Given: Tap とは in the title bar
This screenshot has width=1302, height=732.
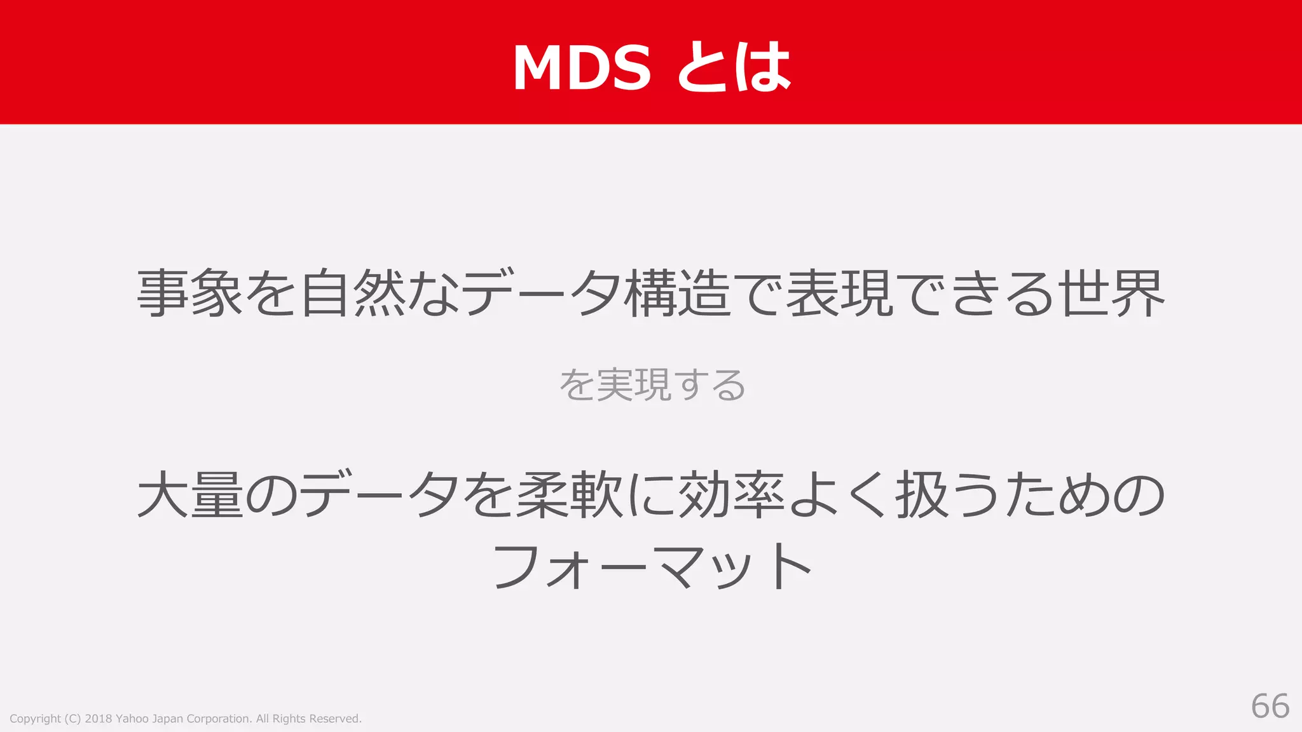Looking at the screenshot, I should point(733,67).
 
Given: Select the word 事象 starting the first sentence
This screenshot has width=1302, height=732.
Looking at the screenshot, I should point(190,293).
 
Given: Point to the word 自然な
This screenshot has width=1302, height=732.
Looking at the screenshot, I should point(380,293).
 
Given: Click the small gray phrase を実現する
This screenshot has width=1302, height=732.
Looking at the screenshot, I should point(652,385).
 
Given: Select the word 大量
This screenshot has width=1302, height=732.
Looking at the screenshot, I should point(190,494).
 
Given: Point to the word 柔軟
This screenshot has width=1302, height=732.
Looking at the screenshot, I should point(570,494).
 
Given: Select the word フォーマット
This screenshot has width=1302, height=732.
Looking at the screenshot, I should point(652,566).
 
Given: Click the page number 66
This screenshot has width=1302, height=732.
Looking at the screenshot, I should point(1270,706).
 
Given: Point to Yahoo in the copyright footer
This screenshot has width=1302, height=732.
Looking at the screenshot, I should point(132,719).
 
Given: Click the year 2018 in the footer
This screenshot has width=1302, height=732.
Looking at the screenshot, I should point(99,719).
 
